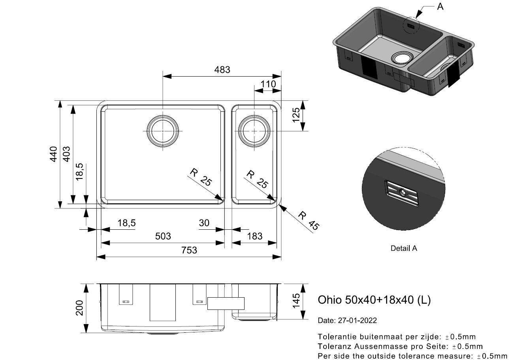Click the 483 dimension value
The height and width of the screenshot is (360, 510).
coord(222,69)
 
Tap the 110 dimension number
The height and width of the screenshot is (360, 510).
coord(268,84)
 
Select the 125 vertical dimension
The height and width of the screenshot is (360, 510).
coord(296,115)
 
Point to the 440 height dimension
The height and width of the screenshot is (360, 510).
coord(53,154)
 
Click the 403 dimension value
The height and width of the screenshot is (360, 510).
coord(66,154)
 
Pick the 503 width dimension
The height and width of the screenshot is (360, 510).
coord(163,236)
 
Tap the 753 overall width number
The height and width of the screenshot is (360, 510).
coord(189,250)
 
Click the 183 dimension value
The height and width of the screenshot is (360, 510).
coord(255,236)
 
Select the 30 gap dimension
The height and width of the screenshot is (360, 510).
coord(204,223)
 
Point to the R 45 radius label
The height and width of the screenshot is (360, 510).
coord(309,221)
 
